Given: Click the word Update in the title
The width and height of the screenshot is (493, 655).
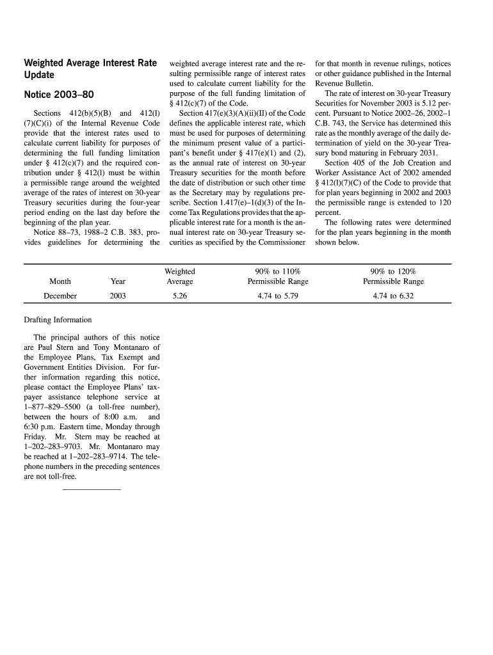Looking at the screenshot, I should [x=39, y=77].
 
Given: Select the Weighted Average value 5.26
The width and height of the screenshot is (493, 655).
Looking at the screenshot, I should [x=179, y=296].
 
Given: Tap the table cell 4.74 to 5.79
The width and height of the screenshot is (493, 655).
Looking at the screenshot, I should [x=278, y=296].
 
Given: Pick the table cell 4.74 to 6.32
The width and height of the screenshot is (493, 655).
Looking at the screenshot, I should [x=393, y=296].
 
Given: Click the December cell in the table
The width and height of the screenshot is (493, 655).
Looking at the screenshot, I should [x=60, y=296].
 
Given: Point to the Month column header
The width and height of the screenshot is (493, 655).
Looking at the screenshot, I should [x=60, y=281].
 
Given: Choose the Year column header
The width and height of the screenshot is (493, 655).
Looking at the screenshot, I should [x=118, y=281].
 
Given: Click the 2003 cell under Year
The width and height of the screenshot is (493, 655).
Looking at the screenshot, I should [x=118, y=296].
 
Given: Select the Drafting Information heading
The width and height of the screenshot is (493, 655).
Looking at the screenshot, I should [x=58, y=320].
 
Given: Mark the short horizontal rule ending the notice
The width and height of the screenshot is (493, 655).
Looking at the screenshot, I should [x=92, y=489].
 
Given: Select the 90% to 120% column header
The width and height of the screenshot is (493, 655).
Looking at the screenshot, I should [x=393, y=276].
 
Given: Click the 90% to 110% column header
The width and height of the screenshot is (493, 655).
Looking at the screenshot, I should [x=278, y=276].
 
